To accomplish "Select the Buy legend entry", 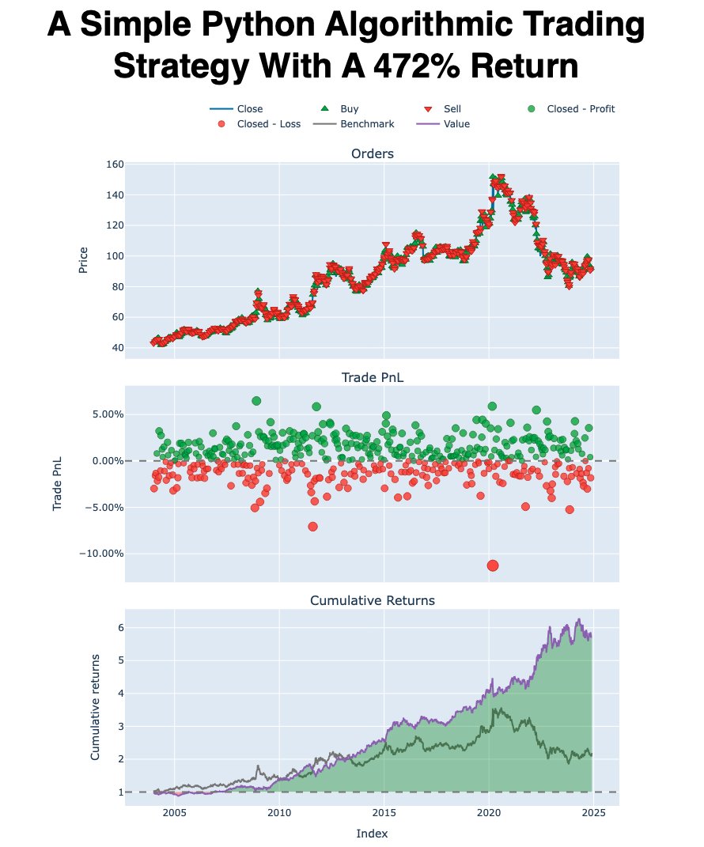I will click(x=349, y=109).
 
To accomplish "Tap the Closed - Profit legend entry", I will click(x=581, y=109).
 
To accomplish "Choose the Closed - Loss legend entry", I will click(x=268, y=124).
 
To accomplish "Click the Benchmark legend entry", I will click(x=367, y=124).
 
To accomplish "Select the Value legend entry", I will click(x=456, y=124).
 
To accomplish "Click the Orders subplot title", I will click(x=372, y=153).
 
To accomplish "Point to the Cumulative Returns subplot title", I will click(x=372, y=601).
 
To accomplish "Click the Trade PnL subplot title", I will click(x=372, y=378).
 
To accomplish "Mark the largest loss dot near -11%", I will click(x=493, y=565).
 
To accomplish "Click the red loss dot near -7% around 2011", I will click(x=313, y=527).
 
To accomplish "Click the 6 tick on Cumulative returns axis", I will click(x=116, y=627).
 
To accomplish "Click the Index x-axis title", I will click(x=372, y=834).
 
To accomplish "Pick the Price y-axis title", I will click(x=83, y=259).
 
